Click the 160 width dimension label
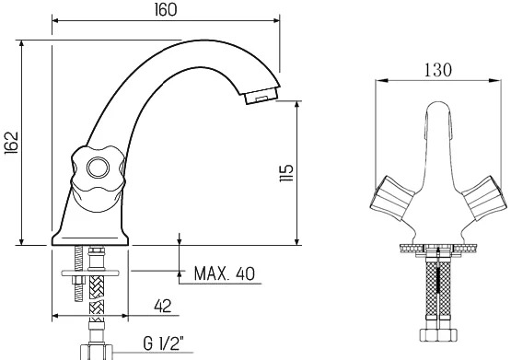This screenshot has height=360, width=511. point(166,10)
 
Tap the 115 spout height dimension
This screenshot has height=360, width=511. point(286,173)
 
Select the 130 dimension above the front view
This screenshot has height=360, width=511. point(438,70)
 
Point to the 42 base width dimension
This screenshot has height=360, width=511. point(163,306)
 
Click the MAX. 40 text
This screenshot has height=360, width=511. point(225,273)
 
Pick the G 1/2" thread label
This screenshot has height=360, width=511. point(163,343)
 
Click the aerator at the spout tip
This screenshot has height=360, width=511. point(261,96)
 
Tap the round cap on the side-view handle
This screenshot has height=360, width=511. point(99,168)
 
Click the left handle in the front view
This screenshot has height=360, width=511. point(392,197)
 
